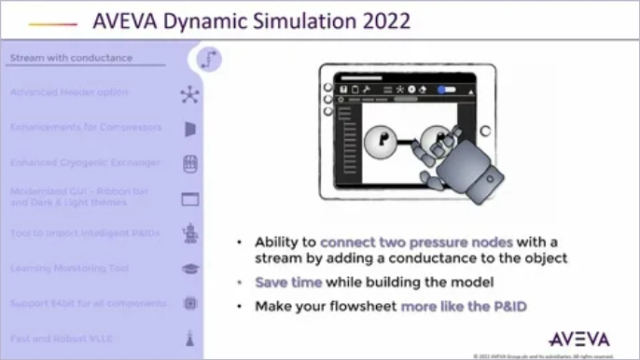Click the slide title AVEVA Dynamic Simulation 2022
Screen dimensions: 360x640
pyautogui.click(x=252, y=20)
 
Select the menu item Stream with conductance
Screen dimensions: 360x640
pyautogui.click(x=71, y=58)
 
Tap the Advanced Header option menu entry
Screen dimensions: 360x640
pyautogui.click(x=69, y=92)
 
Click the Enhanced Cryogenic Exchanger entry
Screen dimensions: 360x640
pyautogui.click(x=85, y=162)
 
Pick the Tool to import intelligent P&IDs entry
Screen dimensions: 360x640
pyautogui.click(x=85, y=232)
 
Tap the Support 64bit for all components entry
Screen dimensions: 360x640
pyautogui.click(x=88, y=303)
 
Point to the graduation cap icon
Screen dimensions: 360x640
pyautogui.click(x=190, y=269)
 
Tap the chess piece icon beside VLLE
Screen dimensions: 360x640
pyautogui.click(x=190, y=339)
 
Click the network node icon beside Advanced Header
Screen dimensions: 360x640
pyautogui.click(x=190, y=93)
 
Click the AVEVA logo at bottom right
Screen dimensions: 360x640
pyautogui.click(x=580, y=337)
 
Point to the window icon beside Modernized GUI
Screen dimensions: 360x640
pyautogui.click(x=190, y=199)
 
